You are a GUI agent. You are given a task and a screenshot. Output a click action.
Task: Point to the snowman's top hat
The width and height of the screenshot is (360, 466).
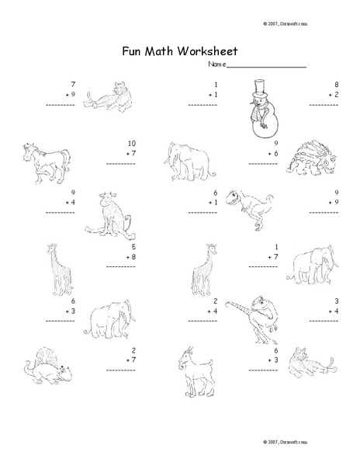[264, 87]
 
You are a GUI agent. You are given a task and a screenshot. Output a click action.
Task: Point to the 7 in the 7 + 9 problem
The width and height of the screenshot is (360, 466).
[72, 84]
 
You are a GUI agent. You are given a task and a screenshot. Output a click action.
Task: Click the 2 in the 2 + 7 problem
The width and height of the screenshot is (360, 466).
[133, 350]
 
